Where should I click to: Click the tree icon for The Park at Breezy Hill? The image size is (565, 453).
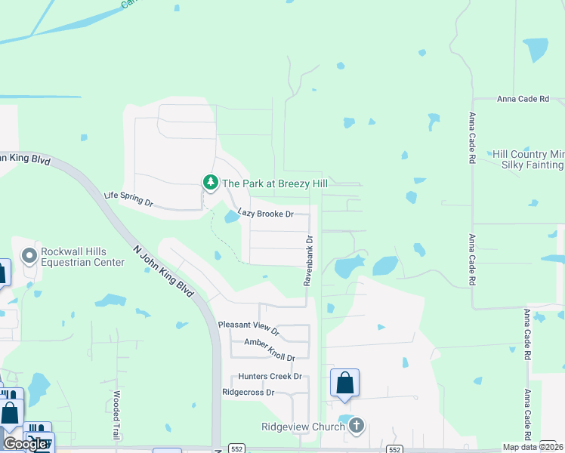point(210,182)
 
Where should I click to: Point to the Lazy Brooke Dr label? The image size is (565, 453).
point(265,214)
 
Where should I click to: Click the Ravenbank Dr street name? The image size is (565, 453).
point(308,259)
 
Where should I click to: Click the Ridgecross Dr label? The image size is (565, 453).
point(248,393)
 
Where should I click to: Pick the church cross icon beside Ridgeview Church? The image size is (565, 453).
point(356,427)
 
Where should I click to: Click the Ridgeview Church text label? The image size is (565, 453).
point(303,427)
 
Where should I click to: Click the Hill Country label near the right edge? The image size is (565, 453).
point(528,153)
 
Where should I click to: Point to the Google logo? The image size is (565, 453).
point(25,443)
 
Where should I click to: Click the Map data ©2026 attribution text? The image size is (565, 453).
point(533,447)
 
